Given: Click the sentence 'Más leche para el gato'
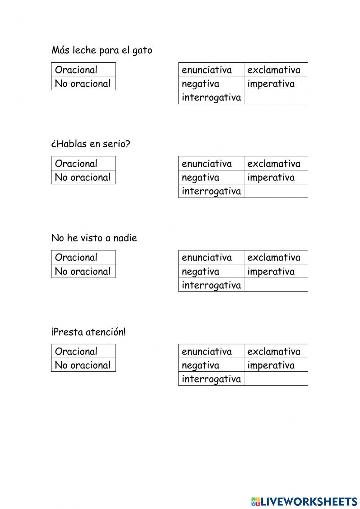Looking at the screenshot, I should click(102, 50).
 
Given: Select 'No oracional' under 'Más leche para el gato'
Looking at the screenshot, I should click(83, 84).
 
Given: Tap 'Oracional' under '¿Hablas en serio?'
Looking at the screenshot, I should click(76, 164).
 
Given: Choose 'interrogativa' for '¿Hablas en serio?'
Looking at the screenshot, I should click(211, 191).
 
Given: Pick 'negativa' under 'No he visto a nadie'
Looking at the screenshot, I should click(201, 271).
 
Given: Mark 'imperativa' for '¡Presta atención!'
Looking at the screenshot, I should click(271, 365).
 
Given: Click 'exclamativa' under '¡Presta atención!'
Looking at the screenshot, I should click(274, 351).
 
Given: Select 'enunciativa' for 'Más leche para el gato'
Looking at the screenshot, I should click(207, 70).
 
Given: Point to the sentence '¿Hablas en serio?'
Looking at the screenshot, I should click(91, 144).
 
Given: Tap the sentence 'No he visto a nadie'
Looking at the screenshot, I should click(94, 238).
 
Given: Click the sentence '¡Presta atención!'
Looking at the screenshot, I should click(89, 332).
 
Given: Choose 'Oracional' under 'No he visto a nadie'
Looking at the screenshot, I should click(76, 258).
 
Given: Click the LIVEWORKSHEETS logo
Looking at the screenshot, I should click(304, 501).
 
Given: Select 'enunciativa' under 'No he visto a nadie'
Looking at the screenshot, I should click(207, 258).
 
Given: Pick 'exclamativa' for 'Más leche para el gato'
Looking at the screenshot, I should click(274, 70).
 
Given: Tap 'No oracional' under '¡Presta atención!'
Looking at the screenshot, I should click(83, 365).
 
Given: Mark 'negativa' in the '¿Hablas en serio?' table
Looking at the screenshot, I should click(201, 177).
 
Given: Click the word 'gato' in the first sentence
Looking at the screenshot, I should click(142, 50).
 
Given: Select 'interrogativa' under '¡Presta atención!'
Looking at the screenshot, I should click(211, 379).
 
